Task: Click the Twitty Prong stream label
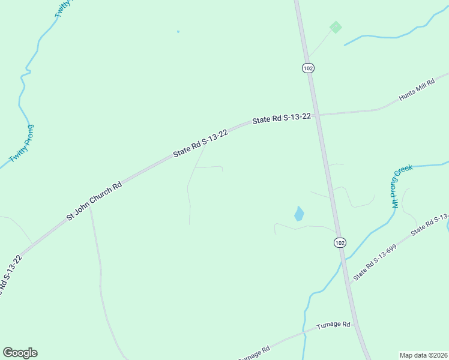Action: [22, 143]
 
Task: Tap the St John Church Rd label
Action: [94, 200]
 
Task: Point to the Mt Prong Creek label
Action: [403, 187]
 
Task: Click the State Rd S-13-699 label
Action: [375, 263]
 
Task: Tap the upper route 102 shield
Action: [308, 68]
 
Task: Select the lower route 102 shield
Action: [340, 242]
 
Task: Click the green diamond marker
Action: [336, 27]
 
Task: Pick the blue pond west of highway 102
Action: [299, 214]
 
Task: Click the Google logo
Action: [20, 353]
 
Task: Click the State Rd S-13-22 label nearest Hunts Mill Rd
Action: [282, 118]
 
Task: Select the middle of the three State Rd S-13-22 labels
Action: [200, 143]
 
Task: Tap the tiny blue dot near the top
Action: [178, 31]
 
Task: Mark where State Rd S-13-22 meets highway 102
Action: [316, 114]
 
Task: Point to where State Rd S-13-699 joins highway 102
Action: [349, 284]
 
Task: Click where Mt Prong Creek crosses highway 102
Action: [343, 258]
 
